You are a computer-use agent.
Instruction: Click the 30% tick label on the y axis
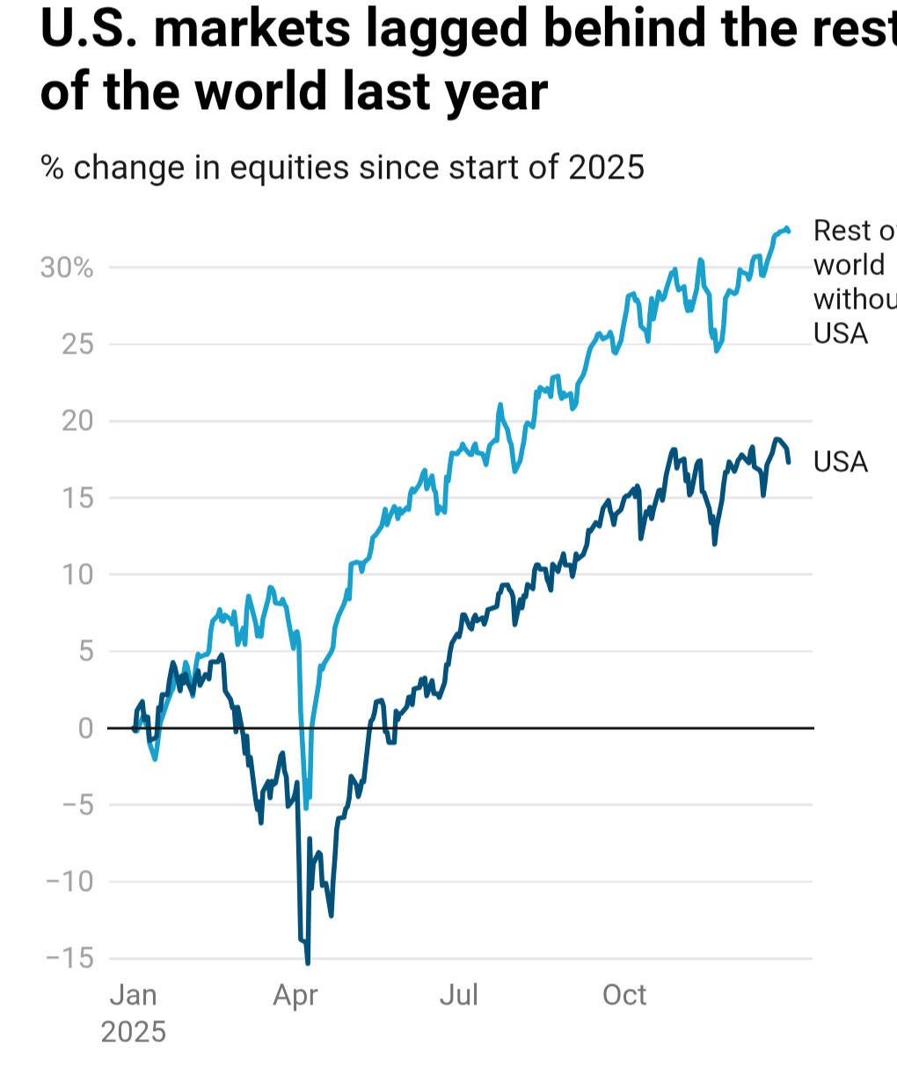pos(67,267)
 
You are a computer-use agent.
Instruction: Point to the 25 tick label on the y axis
pos(77,344)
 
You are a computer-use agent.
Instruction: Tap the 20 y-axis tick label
pos(77,420)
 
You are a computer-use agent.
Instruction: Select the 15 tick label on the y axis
pos(77,498)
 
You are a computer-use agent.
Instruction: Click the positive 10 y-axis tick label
pos(77,574)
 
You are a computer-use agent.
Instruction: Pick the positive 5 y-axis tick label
pos(85,652)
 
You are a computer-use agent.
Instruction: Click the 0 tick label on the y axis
pos(85,728)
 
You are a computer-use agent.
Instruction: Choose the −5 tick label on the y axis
pos(74,805)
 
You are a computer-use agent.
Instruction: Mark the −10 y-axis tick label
pos(69,881)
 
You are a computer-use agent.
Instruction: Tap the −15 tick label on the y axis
pos(69,959)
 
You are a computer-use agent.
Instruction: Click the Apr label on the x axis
pos(295,996)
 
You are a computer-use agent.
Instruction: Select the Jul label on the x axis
pos(459,996)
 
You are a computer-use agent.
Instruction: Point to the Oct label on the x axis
pos(624,996)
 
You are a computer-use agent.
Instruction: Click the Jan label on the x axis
pos(133,996)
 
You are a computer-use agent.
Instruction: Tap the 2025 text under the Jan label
pos(133,1032)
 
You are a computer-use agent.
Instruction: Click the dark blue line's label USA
pos(841,462)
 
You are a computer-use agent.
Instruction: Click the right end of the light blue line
pos(789,231)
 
